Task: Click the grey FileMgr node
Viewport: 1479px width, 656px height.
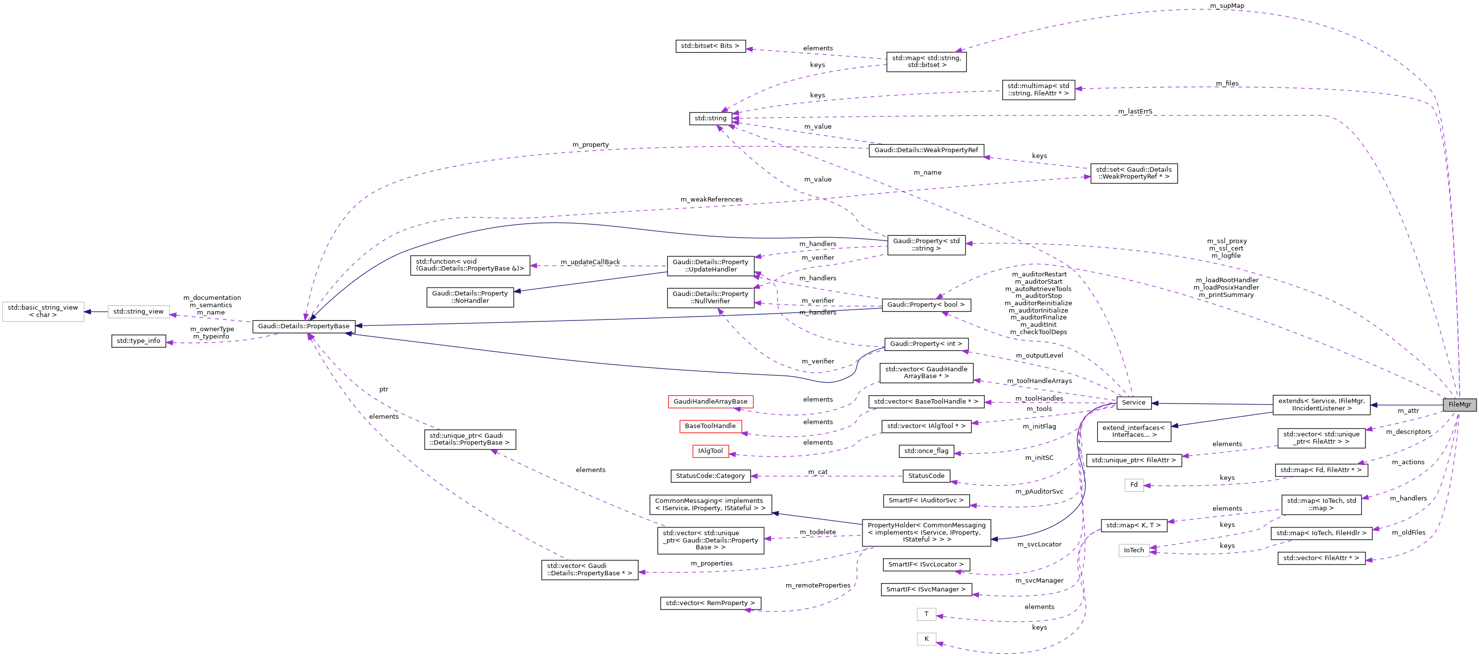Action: tap(1459, 405)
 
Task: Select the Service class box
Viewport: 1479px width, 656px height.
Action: tap(1133, 403)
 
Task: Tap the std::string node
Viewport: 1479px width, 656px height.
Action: tap(710, 118)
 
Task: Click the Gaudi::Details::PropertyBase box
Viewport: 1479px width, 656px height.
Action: tap(303, 326)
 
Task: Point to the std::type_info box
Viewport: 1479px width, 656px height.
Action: tap(138, 341)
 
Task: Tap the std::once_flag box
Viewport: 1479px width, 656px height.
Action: tap(926, 451)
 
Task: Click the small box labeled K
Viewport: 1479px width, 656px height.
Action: tap(926, 639)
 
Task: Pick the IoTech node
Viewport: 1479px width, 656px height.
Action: tap(1133, 550)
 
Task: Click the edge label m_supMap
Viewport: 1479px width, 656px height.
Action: tap(1226, 6)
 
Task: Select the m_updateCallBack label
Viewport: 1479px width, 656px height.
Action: tap(590, 262)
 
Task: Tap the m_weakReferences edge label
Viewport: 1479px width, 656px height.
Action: tap(711, 199)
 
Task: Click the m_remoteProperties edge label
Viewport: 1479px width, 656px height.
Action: tap(817, 586)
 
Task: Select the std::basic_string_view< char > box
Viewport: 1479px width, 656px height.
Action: tap(43, 311)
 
